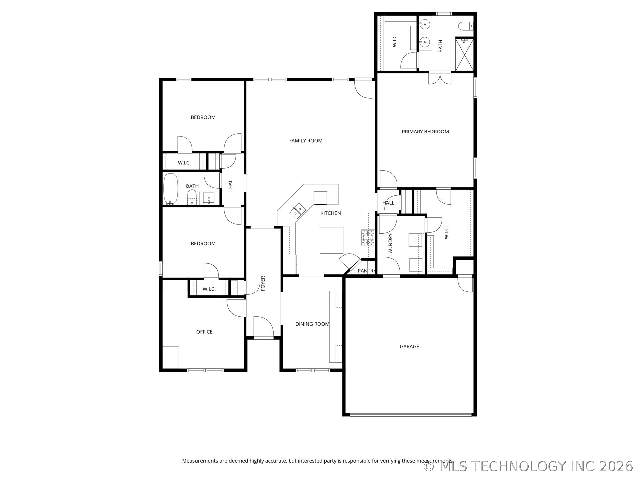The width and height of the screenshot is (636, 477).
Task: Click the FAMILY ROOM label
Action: (305, 141)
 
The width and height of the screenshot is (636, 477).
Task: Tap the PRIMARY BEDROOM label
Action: (425, 132)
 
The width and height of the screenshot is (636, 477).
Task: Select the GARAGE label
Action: (409, 346)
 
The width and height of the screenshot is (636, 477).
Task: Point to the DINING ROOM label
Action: (312, 324)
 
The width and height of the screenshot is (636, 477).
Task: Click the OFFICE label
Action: (204, 332)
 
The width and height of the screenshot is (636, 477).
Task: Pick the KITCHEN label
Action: (330, 213)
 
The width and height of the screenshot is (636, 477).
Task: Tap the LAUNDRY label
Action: (390, 244)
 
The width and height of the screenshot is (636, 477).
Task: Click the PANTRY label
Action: (366, 271)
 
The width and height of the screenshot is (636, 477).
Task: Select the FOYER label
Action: (263, 283)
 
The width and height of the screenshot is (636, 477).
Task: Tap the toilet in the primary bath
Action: (465, 26)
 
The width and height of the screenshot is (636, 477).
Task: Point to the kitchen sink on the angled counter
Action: (298, 211)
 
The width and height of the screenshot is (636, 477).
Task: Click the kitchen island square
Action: (331, 240)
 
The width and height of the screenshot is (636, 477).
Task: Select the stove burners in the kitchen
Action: (368, 238)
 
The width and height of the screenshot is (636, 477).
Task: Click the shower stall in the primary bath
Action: (465, 55)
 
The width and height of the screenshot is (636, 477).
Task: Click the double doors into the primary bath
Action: (440, 78)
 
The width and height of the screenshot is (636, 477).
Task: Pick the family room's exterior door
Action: (364, 89)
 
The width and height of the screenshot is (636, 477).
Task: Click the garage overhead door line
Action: (411, 414)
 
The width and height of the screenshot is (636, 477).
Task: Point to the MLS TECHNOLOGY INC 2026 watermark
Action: (528, 466)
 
